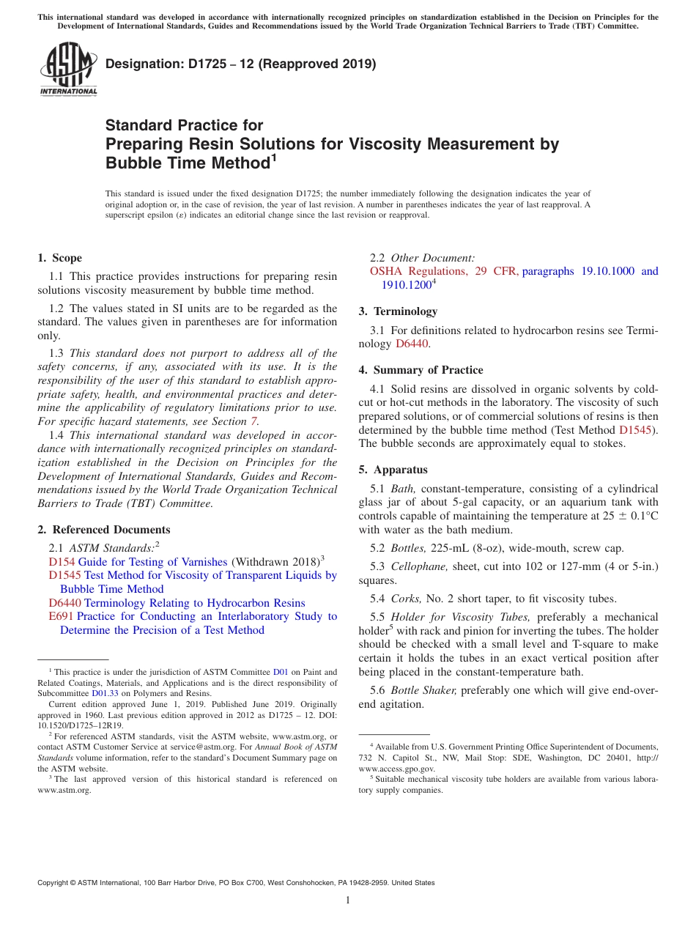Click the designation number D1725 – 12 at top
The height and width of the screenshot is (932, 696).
point(241,64)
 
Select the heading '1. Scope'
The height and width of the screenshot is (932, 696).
point(59,258)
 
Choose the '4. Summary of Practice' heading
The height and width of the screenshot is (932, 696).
point(421,370)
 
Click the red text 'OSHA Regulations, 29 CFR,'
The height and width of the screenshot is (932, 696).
point(444,271)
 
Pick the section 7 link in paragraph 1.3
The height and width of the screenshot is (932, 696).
point(253,421)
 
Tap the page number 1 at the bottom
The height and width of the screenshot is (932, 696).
point(348,900)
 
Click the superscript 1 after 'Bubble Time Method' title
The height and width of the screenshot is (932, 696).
point(274,157)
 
